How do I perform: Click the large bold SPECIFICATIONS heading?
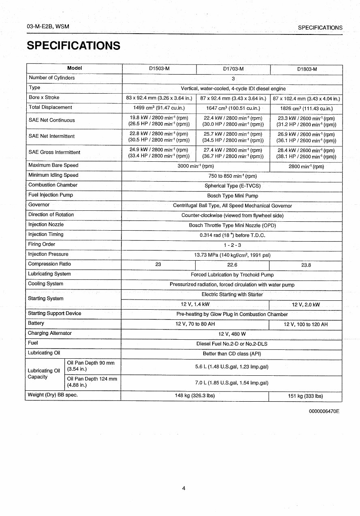pyautogui.click(x=73, y=45)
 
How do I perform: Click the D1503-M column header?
pyautogui.click(x=159, y=69)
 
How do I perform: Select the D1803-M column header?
pyautogui.click(x=307, y=69)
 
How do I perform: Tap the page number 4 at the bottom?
pyautogui.click(x=184, y=488)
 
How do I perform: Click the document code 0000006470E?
pyautogui.click(x=324, y=411)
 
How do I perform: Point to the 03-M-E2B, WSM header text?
pyautogui.click(x=48, y=27)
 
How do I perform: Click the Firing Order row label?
pyautogui.click(x=42, y=244)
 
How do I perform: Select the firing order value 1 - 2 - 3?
pyautogui.click(x=232, y=245)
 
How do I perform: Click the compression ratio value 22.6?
pyautogui.click(x=232, y=265)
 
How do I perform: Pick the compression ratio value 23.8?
pyautogui.click(x=306, y=265)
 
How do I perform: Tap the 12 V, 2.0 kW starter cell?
pyautogui.click(x=306, y=305)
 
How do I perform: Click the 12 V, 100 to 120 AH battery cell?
pyautogui.click(x=306, y=325)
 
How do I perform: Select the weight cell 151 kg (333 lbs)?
pyautogui.click(x=305, y=396)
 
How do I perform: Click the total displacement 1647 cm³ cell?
pyautogui.click(x=233, y=108)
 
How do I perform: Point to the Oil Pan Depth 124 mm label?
pyautogui.click(x=92, y=382)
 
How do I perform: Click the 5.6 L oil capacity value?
pyautogui.click(x=232, y=367)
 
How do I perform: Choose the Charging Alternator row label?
pyautogui.click(x=50, y=333)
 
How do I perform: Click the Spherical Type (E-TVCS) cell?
pyautogui.click(x=232, y=186)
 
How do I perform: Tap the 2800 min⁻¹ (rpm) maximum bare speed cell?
pyautogui.click(x=306, y=167)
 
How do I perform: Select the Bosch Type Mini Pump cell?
pyautogui.click(x=232, y=196)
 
